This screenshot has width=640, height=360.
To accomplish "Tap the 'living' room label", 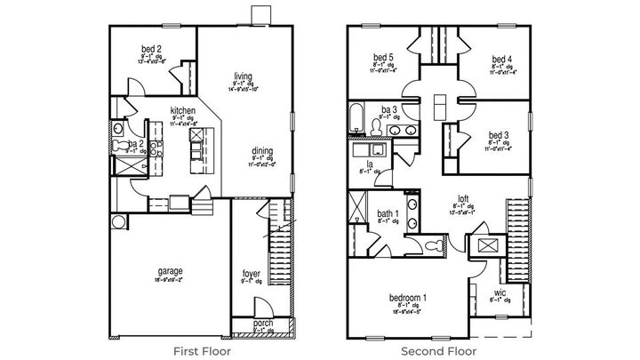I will (x=244, y=76).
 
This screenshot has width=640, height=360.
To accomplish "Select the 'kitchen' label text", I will (x=182, y=110).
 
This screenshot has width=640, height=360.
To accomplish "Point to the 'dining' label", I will (x=261, y=151).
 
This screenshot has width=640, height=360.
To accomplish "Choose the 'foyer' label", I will (x=252, y=274).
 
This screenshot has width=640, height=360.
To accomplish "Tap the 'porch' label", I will (x=262, y=324).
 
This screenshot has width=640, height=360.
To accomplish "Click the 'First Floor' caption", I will (x=202, y=350).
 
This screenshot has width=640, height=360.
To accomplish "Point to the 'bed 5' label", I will (x=385, y=59).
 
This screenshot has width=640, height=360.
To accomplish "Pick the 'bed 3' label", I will (x=499, y=136).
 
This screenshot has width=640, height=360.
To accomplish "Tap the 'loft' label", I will (x=463, y=200).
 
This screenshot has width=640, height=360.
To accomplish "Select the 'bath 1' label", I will (x=387, y=214).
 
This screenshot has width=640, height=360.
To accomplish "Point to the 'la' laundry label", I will (x=366, y=164).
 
